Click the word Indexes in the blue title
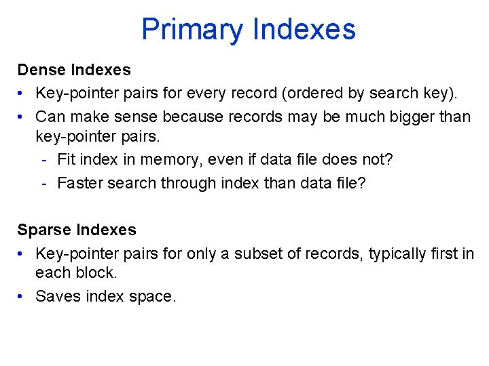click(x=304, y=30)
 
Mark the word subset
click(x=271, y=253)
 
